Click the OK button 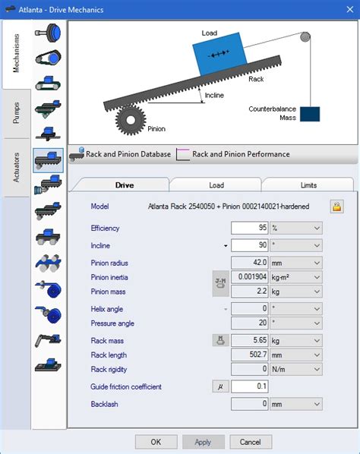pos(156,442)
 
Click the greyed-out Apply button pos(203,442)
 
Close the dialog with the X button pos(350,9)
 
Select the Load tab pos(216,185)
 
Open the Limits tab pos(308,185)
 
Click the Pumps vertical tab pos(16,113)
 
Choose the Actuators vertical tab pos(16,168)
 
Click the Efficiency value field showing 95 pos(250,228)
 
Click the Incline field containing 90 pos(250,245)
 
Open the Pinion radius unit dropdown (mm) pos(296,263)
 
